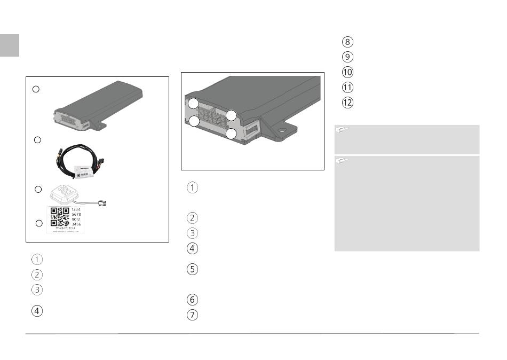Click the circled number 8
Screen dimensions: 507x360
pyautogui.click(x=347, y=42)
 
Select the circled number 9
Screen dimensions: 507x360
pyautogui.click(x=347, y=57)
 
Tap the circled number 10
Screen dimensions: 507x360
pyautogui.click(x=347, y=72)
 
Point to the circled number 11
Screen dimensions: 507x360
pyautogui.click(x=347, y=88)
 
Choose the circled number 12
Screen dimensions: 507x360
pyautogui.click(x=347, y=103)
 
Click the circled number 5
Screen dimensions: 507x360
pyautogui.click(x=193, y=270)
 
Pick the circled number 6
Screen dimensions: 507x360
pyautogui.click(x=193, y=300)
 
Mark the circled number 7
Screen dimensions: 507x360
pyautogui.click(x=193, y=315)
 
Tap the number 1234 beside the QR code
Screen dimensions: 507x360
pyautogui.click(x=76, y=210)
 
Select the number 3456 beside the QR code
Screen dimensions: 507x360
pyautogui.click(x=76, y=225)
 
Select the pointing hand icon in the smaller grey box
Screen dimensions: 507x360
pyautogui.click(x=342, y=129)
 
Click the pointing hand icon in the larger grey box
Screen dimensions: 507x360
pyautogui.click(x=342, y=160)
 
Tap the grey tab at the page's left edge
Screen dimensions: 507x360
pyautogui.click(x=10, y=45)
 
